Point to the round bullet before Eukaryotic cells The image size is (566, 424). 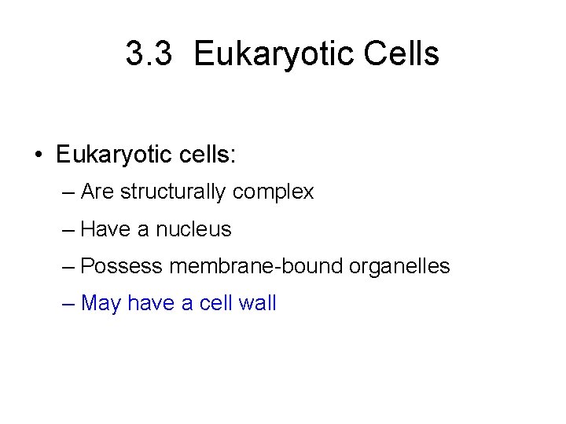[x=39, y=155]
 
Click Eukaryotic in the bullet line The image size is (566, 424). [x=112, y=155]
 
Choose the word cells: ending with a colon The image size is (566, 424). [x=206, y=154]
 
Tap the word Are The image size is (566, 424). [x=98, y=192]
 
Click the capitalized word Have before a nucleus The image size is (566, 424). [x=105, y=229]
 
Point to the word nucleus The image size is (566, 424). [x=193, y=229]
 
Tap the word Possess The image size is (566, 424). [x=122, y=266]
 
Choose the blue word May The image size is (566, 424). [x=101, y=304]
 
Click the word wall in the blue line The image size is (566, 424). [x=256, y=303]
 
